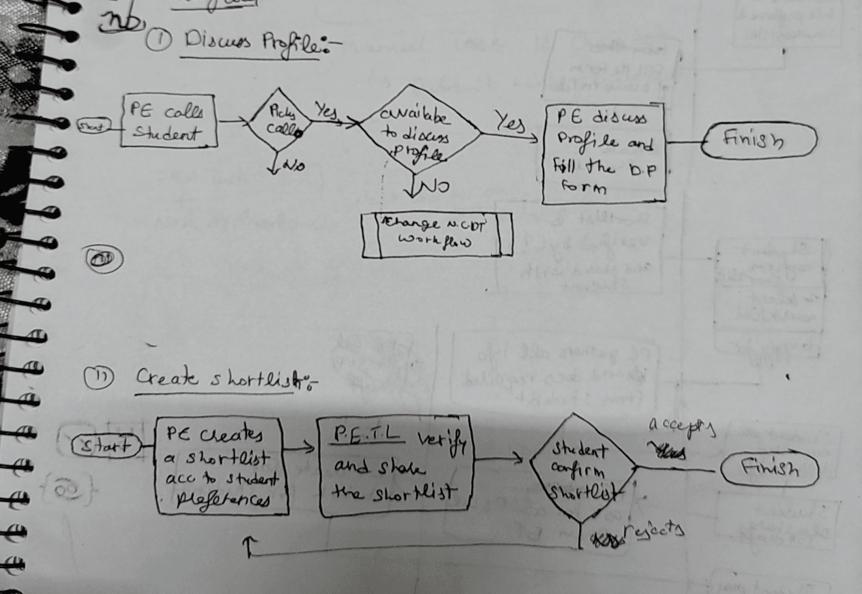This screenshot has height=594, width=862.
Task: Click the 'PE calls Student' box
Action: click(x=169, y=121)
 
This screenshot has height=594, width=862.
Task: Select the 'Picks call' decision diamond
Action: click(x=278, y=123)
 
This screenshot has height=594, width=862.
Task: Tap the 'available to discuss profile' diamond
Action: click(x=419, y=129)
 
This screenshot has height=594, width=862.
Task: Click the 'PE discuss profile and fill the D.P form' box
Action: click(x=604, y=153)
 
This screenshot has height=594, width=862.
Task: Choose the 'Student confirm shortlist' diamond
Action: click(x=580, y=468)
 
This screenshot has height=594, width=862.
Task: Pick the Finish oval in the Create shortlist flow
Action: click(x=769, y=470)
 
